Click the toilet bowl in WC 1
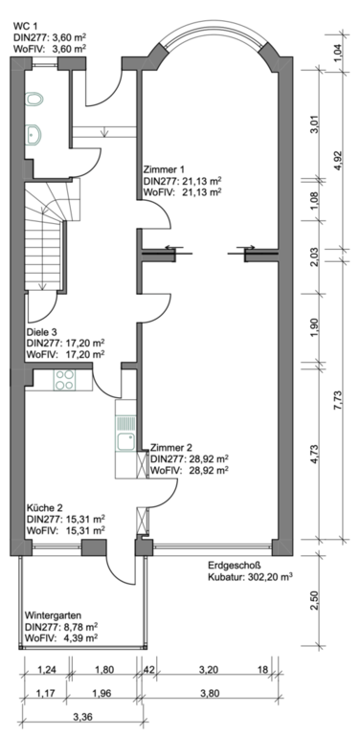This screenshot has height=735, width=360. (34, 99)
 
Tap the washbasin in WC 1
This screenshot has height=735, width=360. (34, 136)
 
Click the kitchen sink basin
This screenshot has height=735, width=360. (125, 442)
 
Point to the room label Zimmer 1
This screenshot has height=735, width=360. (163, 168)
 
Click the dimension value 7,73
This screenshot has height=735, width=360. (338, 401)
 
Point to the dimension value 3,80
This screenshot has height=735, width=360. (210, 693)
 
